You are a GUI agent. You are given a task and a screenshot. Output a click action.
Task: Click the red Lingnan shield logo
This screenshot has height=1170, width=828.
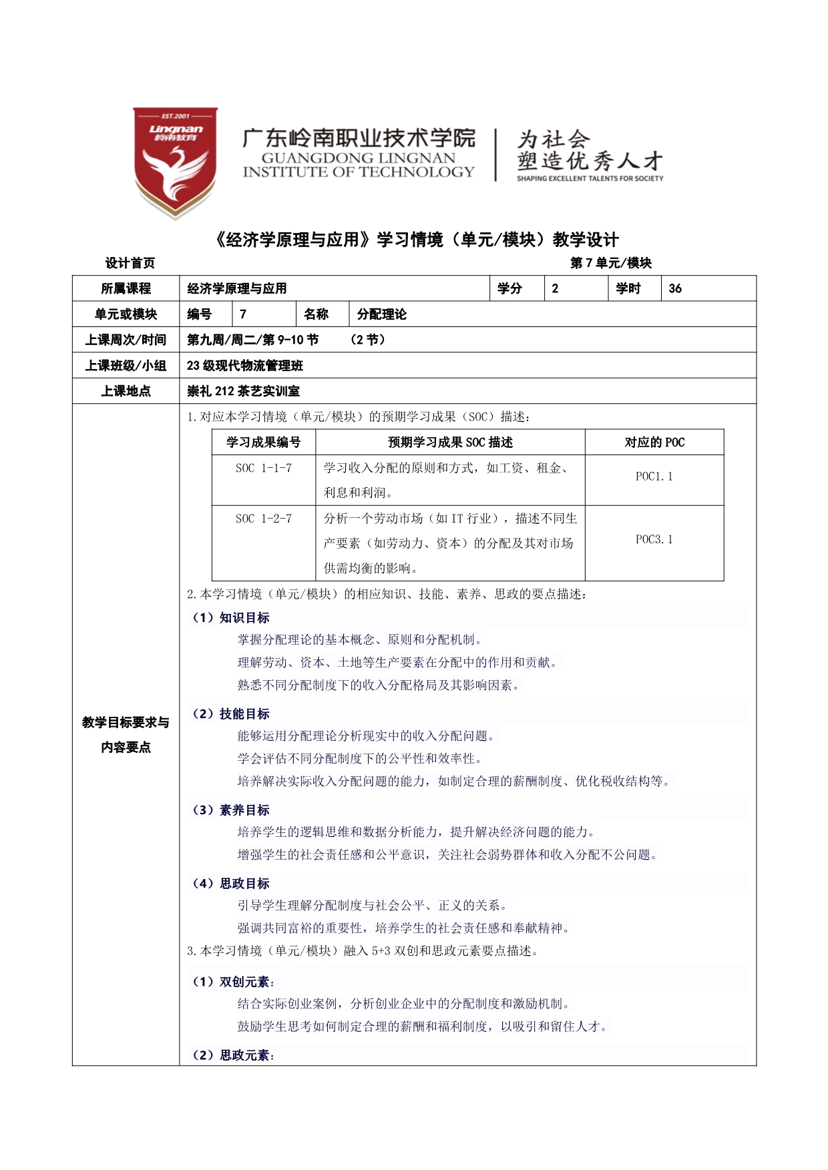(175, 162)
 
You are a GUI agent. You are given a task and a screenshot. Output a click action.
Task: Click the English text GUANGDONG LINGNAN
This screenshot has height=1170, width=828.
(358, 158)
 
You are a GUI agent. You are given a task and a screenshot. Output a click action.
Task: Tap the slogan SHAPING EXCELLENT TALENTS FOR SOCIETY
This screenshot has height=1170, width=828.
(590, 178)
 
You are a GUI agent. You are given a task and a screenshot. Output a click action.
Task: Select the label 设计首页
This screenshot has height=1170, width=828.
(130, 263)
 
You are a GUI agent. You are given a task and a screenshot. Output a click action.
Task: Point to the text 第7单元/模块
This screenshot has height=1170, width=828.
(610, 263)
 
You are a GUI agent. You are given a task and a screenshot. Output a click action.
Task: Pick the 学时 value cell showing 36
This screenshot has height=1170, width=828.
(708, 288)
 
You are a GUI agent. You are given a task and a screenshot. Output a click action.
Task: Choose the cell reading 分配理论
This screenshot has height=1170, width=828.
(381, 314)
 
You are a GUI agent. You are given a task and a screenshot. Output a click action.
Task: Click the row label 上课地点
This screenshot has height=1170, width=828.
(126, 391)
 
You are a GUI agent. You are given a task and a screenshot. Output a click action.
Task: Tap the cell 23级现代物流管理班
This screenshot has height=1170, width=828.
(245, 366)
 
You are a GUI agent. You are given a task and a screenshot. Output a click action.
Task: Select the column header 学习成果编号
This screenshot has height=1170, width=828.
(263, 443)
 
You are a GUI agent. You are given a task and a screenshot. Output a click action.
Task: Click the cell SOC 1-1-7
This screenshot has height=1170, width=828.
(263, 469)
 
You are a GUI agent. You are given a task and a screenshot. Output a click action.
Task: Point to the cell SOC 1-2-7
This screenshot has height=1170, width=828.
(263, 519)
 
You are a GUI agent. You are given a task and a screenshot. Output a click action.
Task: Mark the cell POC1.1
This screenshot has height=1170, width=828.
(654, 477)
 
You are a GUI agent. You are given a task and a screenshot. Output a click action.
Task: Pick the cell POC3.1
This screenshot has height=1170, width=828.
(654, 539)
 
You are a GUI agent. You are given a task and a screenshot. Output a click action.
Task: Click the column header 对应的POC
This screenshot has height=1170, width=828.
(654, 443)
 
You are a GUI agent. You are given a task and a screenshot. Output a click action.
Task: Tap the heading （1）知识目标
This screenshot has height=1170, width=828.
(231, 618)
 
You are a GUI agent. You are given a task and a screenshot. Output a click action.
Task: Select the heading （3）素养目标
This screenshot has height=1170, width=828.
(231, 810)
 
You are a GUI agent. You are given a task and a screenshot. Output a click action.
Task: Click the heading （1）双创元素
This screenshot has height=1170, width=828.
(233, 982)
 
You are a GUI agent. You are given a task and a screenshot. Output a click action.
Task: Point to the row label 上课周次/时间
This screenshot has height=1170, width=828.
(126, 340)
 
